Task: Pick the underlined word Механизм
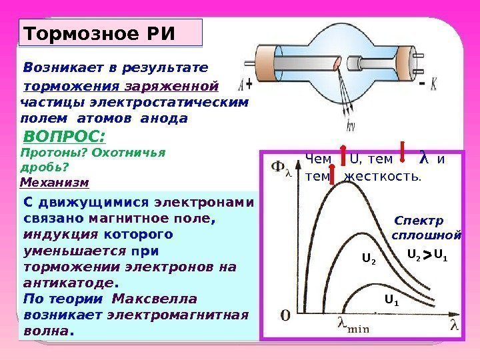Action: click(54, 181)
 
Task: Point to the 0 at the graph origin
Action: click(284, 314)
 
